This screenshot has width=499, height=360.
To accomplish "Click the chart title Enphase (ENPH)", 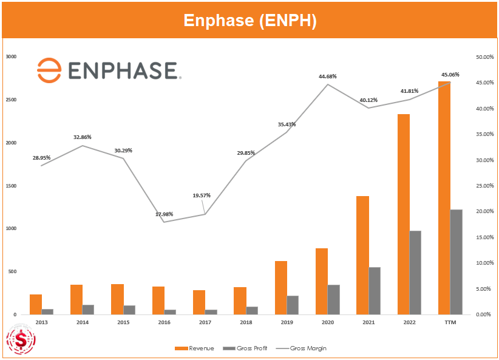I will click(249, 20).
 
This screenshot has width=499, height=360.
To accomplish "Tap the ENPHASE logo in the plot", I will click(109, 70).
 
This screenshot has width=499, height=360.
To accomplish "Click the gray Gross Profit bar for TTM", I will click(456, 262).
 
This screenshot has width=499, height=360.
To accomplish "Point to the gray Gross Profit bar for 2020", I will click(334, 299).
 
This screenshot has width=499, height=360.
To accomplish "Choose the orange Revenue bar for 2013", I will click(36, 304).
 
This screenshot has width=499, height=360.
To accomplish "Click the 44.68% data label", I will click(327, 76).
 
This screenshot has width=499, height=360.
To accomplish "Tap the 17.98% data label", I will click(164, 214).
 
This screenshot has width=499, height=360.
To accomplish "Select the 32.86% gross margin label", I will click(83, 137).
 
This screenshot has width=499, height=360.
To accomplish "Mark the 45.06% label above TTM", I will click(450, 75).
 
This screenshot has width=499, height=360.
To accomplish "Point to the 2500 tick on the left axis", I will click(11, 100).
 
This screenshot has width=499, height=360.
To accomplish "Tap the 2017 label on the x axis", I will click(205, 322).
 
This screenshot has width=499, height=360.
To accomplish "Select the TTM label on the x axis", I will click(450, 322).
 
